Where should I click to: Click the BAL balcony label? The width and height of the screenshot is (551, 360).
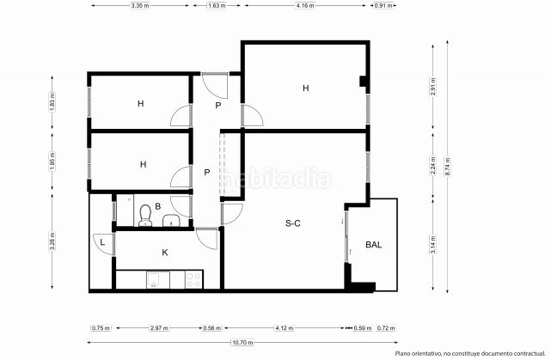click(374, 245)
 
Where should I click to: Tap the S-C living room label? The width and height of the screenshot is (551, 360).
click(293, 223)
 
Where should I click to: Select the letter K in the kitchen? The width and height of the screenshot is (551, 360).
click(165, 253)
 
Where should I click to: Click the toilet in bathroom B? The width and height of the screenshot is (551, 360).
click(144, 215)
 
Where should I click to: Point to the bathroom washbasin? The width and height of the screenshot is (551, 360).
click(171, 221)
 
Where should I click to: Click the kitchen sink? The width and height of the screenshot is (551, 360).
click(154, 280)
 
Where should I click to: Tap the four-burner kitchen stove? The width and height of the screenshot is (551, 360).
click(193, 280)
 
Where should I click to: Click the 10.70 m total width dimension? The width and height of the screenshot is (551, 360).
click(242, 343)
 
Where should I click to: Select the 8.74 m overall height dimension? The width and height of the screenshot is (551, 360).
click(448, 167)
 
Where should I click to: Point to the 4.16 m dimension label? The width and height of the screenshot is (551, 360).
click(305, 6)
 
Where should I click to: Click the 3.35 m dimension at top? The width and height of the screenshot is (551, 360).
click(140, 6)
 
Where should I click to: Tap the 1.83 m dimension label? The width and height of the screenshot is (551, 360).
click(52, 102)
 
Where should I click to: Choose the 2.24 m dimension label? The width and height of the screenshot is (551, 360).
click(433, 165)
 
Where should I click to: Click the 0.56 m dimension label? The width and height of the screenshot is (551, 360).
click(212, 328)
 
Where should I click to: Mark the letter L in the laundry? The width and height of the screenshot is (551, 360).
click(102, 242)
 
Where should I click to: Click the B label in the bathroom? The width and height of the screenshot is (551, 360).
click(158, 206)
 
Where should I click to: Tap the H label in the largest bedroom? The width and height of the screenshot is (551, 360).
click(306, 88)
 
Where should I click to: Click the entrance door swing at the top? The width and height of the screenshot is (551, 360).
click(215, 86)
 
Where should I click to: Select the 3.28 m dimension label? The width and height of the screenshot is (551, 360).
click(52, 241)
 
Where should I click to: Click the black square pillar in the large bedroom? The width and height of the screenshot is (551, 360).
click(364, 81)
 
